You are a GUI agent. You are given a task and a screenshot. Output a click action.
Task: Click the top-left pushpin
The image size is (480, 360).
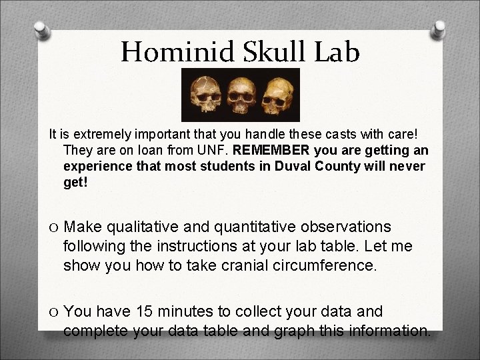(x=41, y=29)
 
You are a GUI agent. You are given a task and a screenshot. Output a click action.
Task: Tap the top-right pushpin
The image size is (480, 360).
(x=441, y=29)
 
